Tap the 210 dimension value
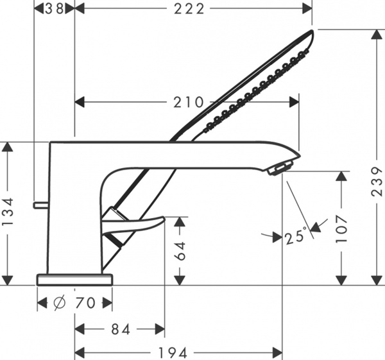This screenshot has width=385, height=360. coord(189,102)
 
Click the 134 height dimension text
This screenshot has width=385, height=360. coord(7,212)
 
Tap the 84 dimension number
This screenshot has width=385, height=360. coord(120,329)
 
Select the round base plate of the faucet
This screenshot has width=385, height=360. coord(74,279)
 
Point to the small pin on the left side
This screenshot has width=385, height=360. coord(42,205)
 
